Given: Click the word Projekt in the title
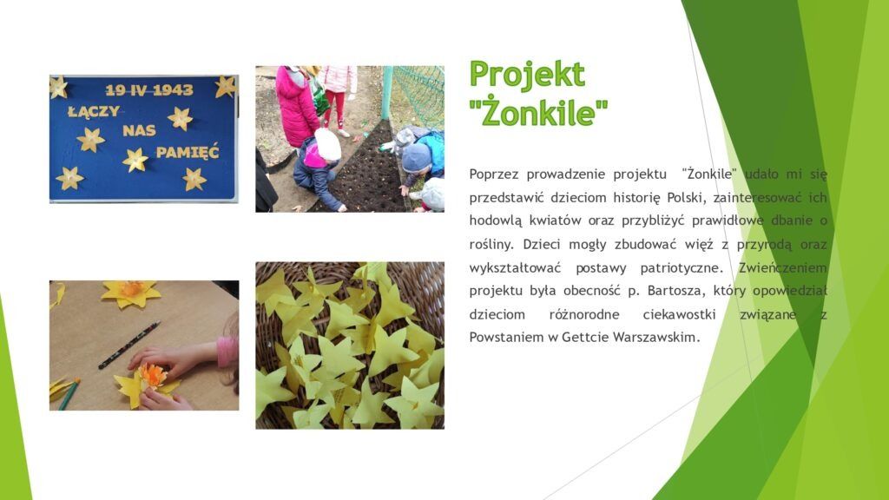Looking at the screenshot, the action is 527,75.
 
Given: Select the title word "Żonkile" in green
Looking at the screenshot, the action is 538,112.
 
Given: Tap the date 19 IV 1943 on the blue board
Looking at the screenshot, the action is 149,89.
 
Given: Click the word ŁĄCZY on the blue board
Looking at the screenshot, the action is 94,111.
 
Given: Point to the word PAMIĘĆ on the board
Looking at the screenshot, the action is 188,152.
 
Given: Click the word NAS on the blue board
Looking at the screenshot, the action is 139,131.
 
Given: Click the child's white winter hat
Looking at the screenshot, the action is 327,145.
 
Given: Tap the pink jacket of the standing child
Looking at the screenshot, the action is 297,109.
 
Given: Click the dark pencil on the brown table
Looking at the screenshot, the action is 128,345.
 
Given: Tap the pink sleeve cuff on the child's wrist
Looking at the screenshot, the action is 227,352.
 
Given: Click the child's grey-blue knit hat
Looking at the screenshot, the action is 416,158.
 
